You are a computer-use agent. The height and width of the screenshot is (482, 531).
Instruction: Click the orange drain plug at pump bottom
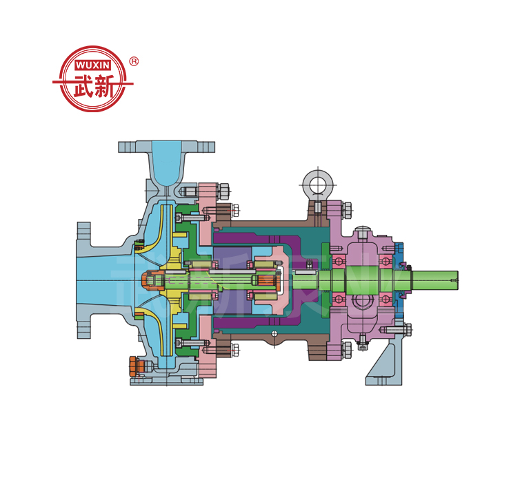[x=135, y=365]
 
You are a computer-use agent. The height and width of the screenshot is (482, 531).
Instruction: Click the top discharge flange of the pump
[x=166, y=147]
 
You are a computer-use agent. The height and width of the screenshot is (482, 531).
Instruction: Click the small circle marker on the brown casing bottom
[x=274, y=335]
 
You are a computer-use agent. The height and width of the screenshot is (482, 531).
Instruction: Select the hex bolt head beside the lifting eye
[x=347, y=207]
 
